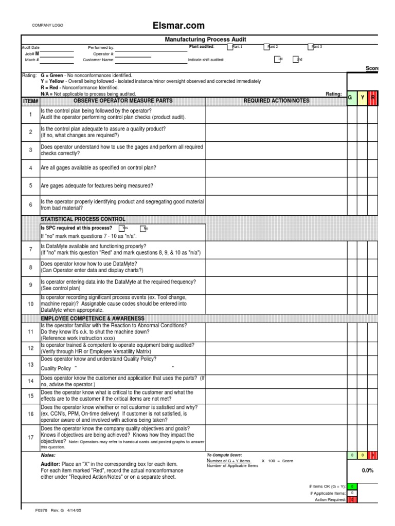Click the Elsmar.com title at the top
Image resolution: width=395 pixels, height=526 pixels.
(x=178, y=26)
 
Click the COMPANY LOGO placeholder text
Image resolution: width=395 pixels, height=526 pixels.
(x=48, y=25)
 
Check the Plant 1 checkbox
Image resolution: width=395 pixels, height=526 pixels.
(x=230, y=47)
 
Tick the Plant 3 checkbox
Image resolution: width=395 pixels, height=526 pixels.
(x=311, y=47)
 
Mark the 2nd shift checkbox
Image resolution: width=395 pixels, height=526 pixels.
(x=296, y=60)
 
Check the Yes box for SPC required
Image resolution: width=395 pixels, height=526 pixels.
(x=121, y=228)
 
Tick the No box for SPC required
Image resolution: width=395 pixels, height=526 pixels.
(x=142, y=228)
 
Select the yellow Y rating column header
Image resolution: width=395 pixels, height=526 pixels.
(x=363, y=97)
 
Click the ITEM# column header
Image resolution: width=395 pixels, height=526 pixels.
(x=30, y=101)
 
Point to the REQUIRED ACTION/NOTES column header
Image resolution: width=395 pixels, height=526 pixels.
(x=276, y=101)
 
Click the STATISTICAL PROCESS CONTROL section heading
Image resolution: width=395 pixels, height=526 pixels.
(x=83, y=219)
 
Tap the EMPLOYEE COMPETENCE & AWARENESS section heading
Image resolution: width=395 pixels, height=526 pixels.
(x=93, y=318)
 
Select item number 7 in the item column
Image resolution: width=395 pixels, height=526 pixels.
(x=30, y=249)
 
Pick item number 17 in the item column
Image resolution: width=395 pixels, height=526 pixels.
(x=30, y=437)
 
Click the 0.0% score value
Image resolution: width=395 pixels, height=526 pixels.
(x=367, y=471)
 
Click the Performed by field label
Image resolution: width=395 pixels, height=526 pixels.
(x=101, y=47)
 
